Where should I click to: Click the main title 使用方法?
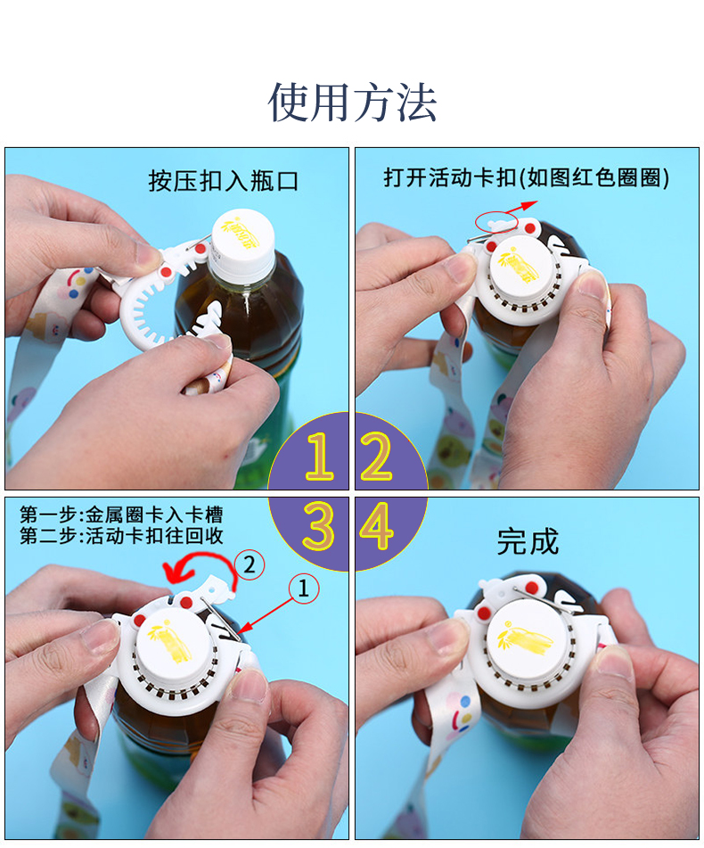(x=352, y=103)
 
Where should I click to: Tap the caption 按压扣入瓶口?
(x=223, y=182)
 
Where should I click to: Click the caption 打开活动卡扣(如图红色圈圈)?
(x=526, y=177)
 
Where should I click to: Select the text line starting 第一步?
(x=121, y=515)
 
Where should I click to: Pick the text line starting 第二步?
(x=121, y=536)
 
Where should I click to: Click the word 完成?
(x=528, y=541)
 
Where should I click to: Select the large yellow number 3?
(x=319, y=528)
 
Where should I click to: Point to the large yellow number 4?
(x=377, y=528)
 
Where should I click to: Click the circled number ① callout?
(x=302, y=587)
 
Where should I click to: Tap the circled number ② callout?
(x=250, y=564)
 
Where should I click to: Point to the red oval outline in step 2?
(x=496, y=218)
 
